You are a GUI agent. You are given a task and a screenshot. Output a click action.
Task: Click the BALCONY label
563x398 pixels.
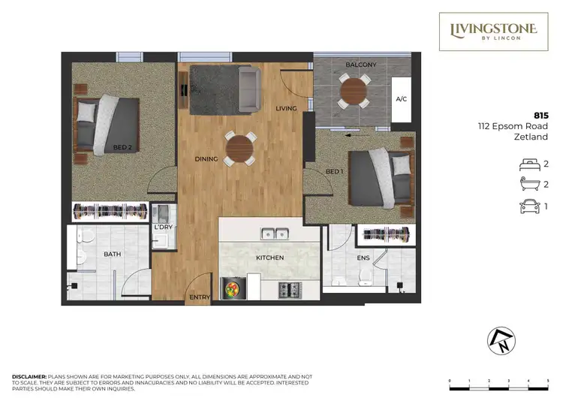(360, 65)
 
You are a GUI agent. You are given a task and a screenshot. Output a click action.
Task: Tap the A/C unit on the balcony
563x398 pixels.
(401, 99)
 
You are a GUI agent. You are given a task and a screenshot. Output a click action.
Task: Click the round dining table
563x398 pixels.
(240, 147)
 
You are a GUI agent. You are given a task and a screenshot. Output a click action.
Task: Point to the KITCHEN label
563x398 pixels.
(269, 258)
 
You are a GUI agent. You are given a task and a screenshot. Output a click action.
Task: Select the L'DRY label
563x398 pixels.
(162, 228)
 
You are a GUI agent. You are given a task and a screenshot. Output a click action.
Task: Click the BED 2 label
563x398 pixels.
(122, 148)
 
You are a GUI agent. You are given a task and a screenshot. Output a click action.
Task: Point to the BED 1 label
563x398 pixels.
(334, 173)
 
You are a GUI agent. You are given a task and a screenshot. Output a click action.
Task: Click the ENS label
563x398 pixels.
(363, 258)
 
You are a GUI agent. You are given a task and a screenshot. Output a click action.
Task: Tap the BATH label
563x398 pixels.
(113, 255)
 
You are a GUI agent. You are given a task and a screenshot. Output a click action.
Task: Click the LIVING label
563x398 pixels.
(286, 109)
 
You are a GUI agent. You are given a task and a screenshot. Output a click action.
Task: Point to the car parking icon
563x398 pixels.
(529, 207)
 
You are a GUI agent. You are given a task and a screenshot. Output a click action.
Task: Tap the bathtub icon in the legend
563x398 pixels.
(529, 185)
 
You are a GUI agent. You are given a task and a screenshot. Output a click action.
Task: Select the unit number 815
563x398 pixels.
(540, 114)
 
